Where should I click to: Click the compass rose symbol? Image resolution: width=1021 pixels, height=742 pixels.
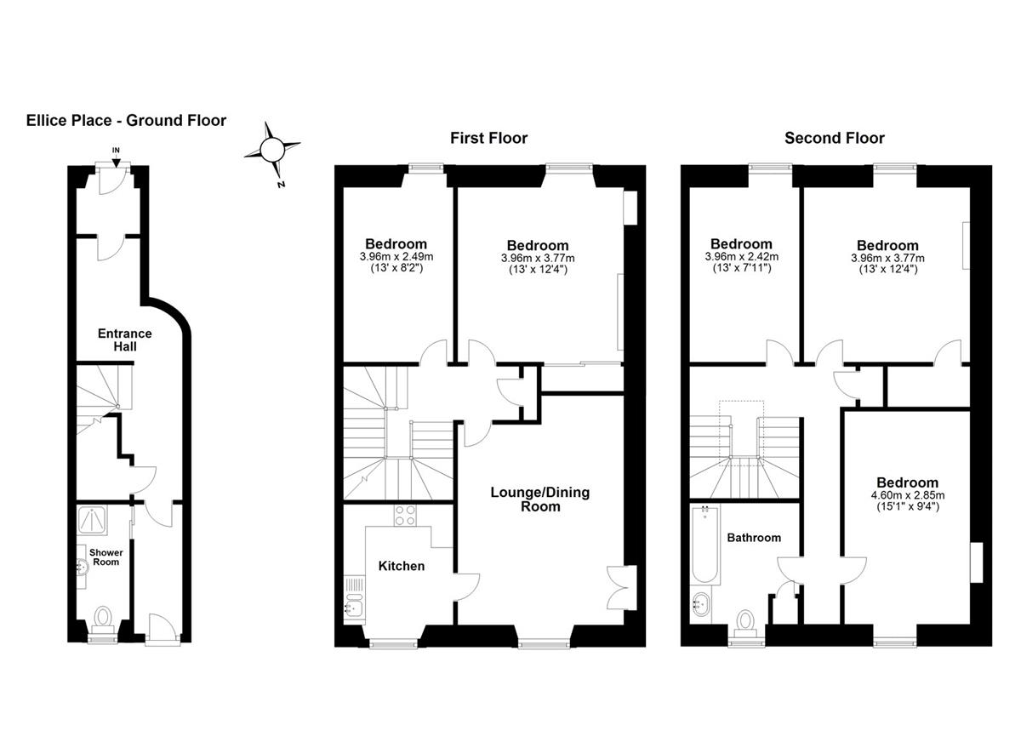pyautogui.click(x=272, y=150)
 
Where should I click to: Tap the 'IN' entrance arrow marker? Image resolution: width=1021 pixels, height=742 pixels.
pyautogui.click(x=117, y=157)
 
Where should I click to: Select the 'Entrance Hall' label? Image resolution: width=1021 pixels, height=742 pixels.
pyautogui.click(x=125, y=340)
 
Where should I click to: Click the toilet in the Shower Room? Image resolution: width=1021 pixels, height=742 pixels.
pyautogui.click(x=104, y=620)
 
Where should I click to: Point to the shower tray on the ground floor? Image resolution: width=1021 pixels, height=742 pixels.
pyautogui.click(x=92, y=521)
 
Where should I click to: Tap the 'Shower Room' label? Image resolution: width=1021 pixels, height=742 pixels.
pyautogui.click(x=106, y=557)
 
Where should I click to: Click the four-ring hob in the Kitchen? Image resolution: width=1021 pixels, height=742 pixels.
pyautogui.click(x=405, y=515)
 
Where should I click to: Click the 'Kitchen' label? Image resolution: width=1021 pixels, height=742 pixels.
pyautogui.click(x=402, y=566)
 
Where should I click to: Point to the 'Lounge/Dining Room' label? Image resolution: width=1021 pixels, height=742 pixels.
pyautogui.click(x=540, y=499)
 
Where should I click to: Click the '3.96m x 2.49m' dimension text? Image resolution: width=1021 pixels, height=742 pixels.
pyautogui.click(x=396, y=257)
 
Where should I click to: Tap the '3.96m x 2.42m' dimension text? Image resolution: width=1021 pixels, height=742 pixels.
pyautogui.click(x=742, y=257)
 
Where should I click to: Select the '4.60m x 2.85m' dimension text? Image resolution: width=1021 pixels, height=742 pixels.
pyautogui.click(x=908, y=495)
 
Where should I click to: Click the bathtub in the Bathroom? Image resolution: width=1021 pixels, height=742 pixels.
pyautogui.click(x=705, y=545)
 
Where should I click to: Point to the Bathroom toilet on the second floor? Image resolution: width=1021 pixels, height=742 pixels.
pyautogui.click(x=745, y=623)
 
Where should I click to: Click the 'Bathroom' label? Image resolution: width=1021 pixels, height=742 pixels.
pyautogui.click(x=754, y=538)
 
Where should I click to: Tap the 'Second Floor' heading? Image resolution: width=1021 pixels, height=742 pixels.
pyautogui.click(x=835, y=138)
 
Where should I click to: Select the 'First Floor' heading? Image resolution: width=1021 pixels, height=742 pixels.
pyautogui.click(x=489, y=138)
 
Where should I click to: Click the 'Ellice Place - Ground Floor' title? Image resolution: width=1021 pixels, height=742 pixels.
pyautogui.click(x=126, y=120)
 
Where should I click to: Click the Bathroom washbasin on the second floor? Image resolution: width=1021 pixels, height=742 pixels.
pyautogui.click(x=700, y=604)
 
